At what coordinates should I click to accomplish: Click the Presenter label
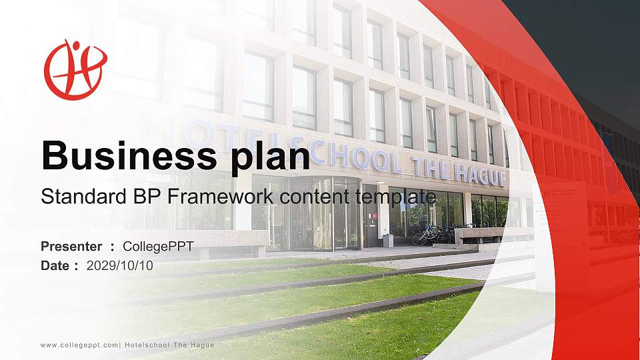pos(71,247)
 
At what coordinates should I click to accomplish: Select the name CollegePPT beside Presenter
pos(158,247)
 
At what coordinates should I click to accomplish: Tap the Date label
pos(55,265)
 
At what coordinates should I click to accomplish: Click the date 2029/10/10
pos(120,265)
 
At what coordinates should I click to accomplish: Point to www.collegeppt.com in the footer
pos(79,345)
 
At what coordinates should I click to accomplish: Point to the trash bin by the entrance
pos(388,241)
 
